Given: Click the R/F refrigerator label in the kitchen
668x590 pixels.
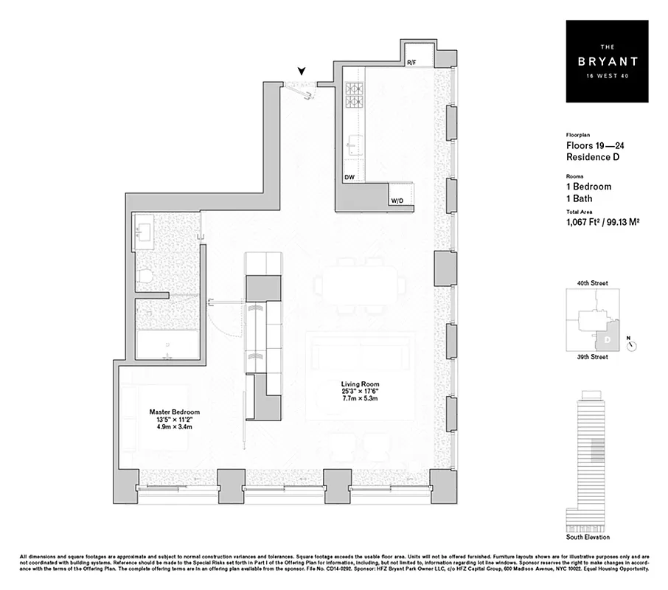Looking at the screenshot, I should tap(411, 63).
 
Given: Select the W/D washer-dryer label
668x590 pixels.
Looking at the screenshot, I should tap(397, 201).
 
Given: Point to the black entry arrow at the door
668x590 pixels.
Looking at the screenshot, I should tap(301, 72).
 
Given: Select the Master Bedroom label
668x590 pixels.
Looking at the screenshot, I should tap(174, 412).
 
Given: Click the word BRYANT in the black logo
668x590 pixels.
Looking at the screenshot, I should tap(607, 61).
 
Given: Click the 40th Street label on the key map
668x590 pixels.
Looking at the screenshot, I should tap(592, 283).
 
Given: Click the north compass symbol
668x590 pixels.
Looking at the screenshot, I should tap(632, 343).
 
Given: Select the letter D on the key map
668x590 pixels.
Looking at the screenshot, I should tap(607, 339).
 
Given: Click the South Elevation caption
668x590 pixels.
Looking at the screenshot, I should tap(593, 537).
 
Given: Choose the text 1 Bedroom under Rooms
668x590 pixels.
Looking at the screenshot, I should tap(588, 187).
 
